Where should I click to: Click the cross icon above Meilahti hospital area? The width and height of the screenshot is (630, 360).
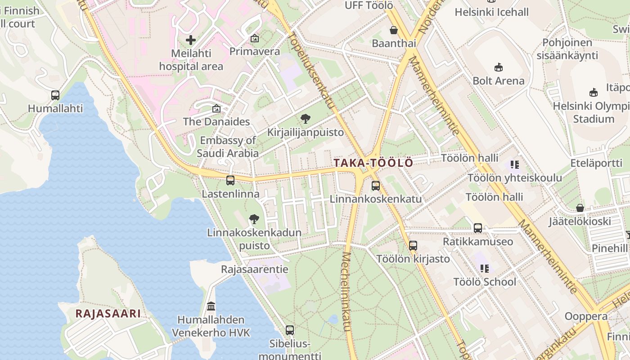[191, 40]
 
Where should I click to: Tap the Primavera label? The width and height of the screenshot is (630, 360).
[255, 51]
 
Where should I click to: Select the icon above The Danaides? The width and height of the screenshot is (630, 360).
[216, 108]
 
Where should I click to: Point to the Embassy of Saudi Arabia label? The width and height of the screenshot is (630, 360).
[228, 147]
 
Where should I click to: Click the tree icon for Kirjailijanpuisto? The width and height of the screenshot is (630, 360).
[306, 119]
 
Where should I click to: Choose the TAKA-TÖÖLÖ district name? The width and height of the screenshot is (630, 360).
[373, 163]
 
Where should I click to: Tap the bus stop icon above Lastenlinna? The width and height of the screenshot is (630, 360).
[230, 180]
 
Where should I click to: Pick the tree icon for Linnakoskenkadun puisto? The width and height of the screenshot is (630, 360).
[254, 219]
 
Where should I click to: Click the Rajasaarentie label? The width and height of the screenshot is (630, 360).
[255, 270]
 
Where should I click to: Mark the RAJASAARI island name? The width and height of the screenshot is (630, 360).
[108, 314]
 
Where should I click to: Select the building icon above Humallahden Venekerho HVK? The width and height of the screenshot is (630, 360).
[211, 306]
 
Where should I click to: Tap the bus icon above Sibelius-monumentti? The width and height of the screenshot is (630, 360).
[290, 330]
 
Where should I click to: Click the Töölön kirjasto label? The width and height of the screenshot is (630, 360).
[413, 259]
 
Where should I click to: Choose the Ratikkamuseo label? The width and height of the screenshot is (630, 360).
[478, 242]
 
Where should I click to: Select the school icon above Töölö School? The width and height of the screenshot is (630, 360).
[485, 269]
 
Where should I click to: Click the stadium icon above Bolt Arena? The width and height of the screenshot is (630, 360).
[499, 67]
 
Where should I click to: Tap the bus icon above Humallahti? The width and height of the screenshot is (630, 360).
[55, 95]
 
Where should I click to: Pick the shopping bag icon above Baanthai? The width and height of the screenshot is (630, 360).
[394, 30]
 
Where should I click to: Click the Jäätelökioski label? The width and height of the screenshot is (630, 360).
[580, 221]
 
